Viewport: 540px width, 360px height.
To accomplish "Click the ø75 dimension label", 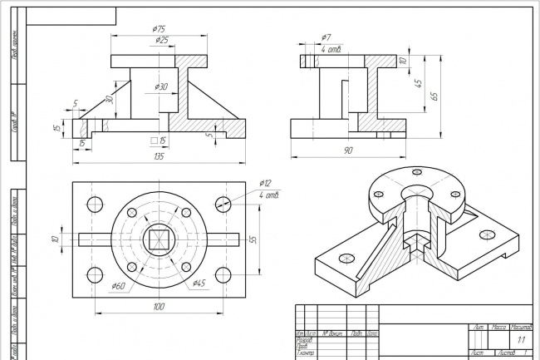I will point(160,29).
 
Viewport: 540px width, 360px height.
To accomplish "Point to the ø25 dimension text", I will point(161,40).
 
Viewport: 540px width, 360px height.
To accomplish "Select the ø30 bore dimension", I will point(161,86).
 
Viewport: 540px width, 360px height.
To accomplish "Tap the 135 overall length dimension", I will point(159,156).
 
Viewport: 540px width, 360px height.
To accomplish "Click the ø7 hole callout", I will point(326,38).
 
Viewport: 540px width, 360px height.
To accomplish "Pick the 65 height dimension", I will point(433,96).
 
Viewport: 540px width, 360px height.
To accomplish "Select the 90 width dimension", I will point(348,150).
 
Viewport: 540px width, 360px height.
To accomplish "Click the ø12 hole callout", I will point(266,183).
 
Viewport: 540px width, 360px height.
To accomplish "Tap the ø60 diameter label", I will point(119,287).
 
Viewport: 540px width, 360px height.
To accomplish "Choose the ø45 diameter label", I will point(199,284).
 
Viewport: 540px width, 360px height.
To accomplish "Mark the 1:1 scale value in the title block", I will point(521,340).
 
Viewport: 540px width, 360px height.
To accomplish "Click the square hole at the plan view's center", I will point(158,239).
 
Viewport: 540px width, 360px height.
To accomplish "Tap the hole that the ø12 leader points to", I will point(222,204).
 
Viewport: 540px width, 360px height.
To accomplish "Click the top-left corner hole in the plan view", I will point(94,204).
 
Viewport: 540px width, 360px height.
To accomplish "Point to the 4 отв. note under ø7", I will point(335,49).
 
